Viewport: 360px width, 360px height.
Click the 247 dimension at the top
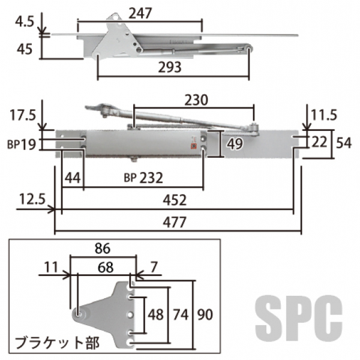click(140, 13)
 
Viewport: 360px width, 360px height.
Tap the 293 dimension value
click(170, 67)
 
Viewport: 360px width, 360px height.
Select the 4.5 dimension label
click(25, 22)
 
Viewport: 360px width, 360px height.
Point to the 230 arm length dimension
click(196, 100)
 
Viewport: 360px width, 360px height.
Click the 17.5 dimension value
click(23, 115)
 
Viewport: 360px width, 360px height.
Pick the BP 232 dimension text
click(143, 178)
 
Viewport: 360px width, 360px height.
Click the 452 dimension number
click(175, 200)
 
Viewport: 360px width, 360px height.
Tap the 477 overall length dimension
click(175, 222)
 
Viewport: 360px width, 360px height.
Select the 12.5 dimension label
click(32, 199)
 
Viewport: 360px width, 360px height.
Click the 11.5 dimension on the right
click(324, 115)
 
